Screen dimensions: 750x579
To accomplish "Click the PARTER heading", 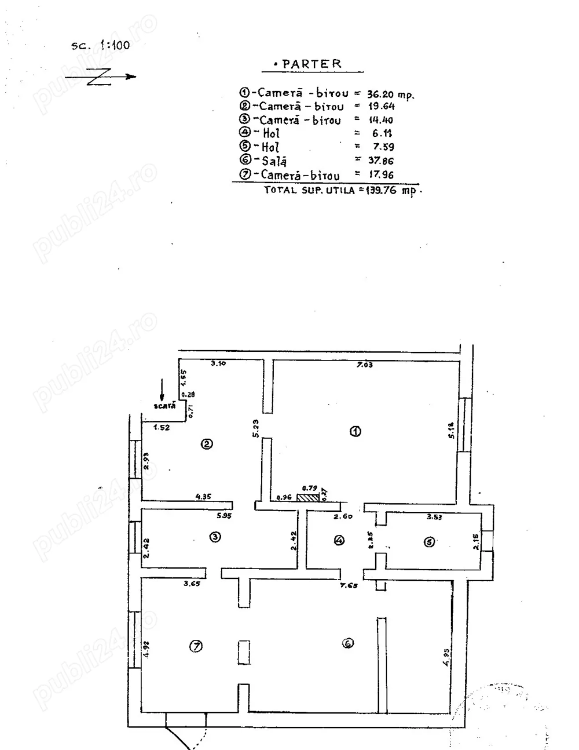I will [x=312, y=64].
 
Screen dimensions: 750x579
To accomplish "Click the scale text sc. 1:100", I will [x=101, y=45].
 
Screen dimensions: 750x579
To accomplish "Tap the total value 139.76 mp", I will [x=391, y=190].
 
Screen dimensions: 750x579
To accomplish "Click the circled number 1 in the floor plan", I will [x=356, y=431].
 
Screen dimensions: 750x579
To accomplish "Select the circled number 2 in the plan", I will [x=207, y=445].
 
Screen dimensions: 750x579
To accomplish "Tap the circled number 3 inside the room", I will [x=215, y=537].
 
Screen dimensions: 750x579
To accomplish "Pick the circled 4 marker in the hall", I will [x=339, y=540].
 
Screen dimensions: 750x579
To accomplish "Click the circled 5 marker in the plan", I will [x=429, y=543].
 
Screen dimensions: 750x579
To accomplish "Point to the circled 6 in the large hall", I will [x=347, y=643].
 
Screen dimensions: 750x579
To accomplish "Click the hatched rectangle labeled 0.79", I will [x=307, y=497].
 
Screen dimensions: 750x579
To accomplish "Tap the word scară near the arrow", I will [x=165, y=406].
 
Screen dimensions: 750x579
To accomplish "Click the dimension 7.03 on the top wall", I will [x=364, y=365].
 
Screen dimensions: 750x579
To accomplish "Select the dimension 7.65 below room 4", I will [x=349, y=585].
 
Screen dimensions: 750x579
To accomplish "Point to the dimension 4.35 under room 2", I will [x=204, y=496].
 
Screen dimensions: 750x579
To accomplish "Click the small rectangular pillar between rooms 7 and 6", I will [x=244, y=653].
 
